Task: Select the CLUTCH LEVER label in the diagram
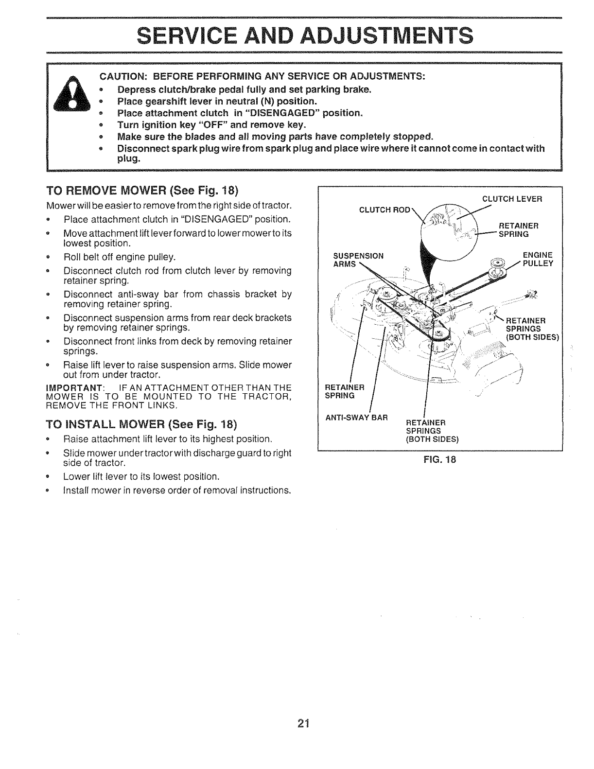[x=511, y=198]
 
